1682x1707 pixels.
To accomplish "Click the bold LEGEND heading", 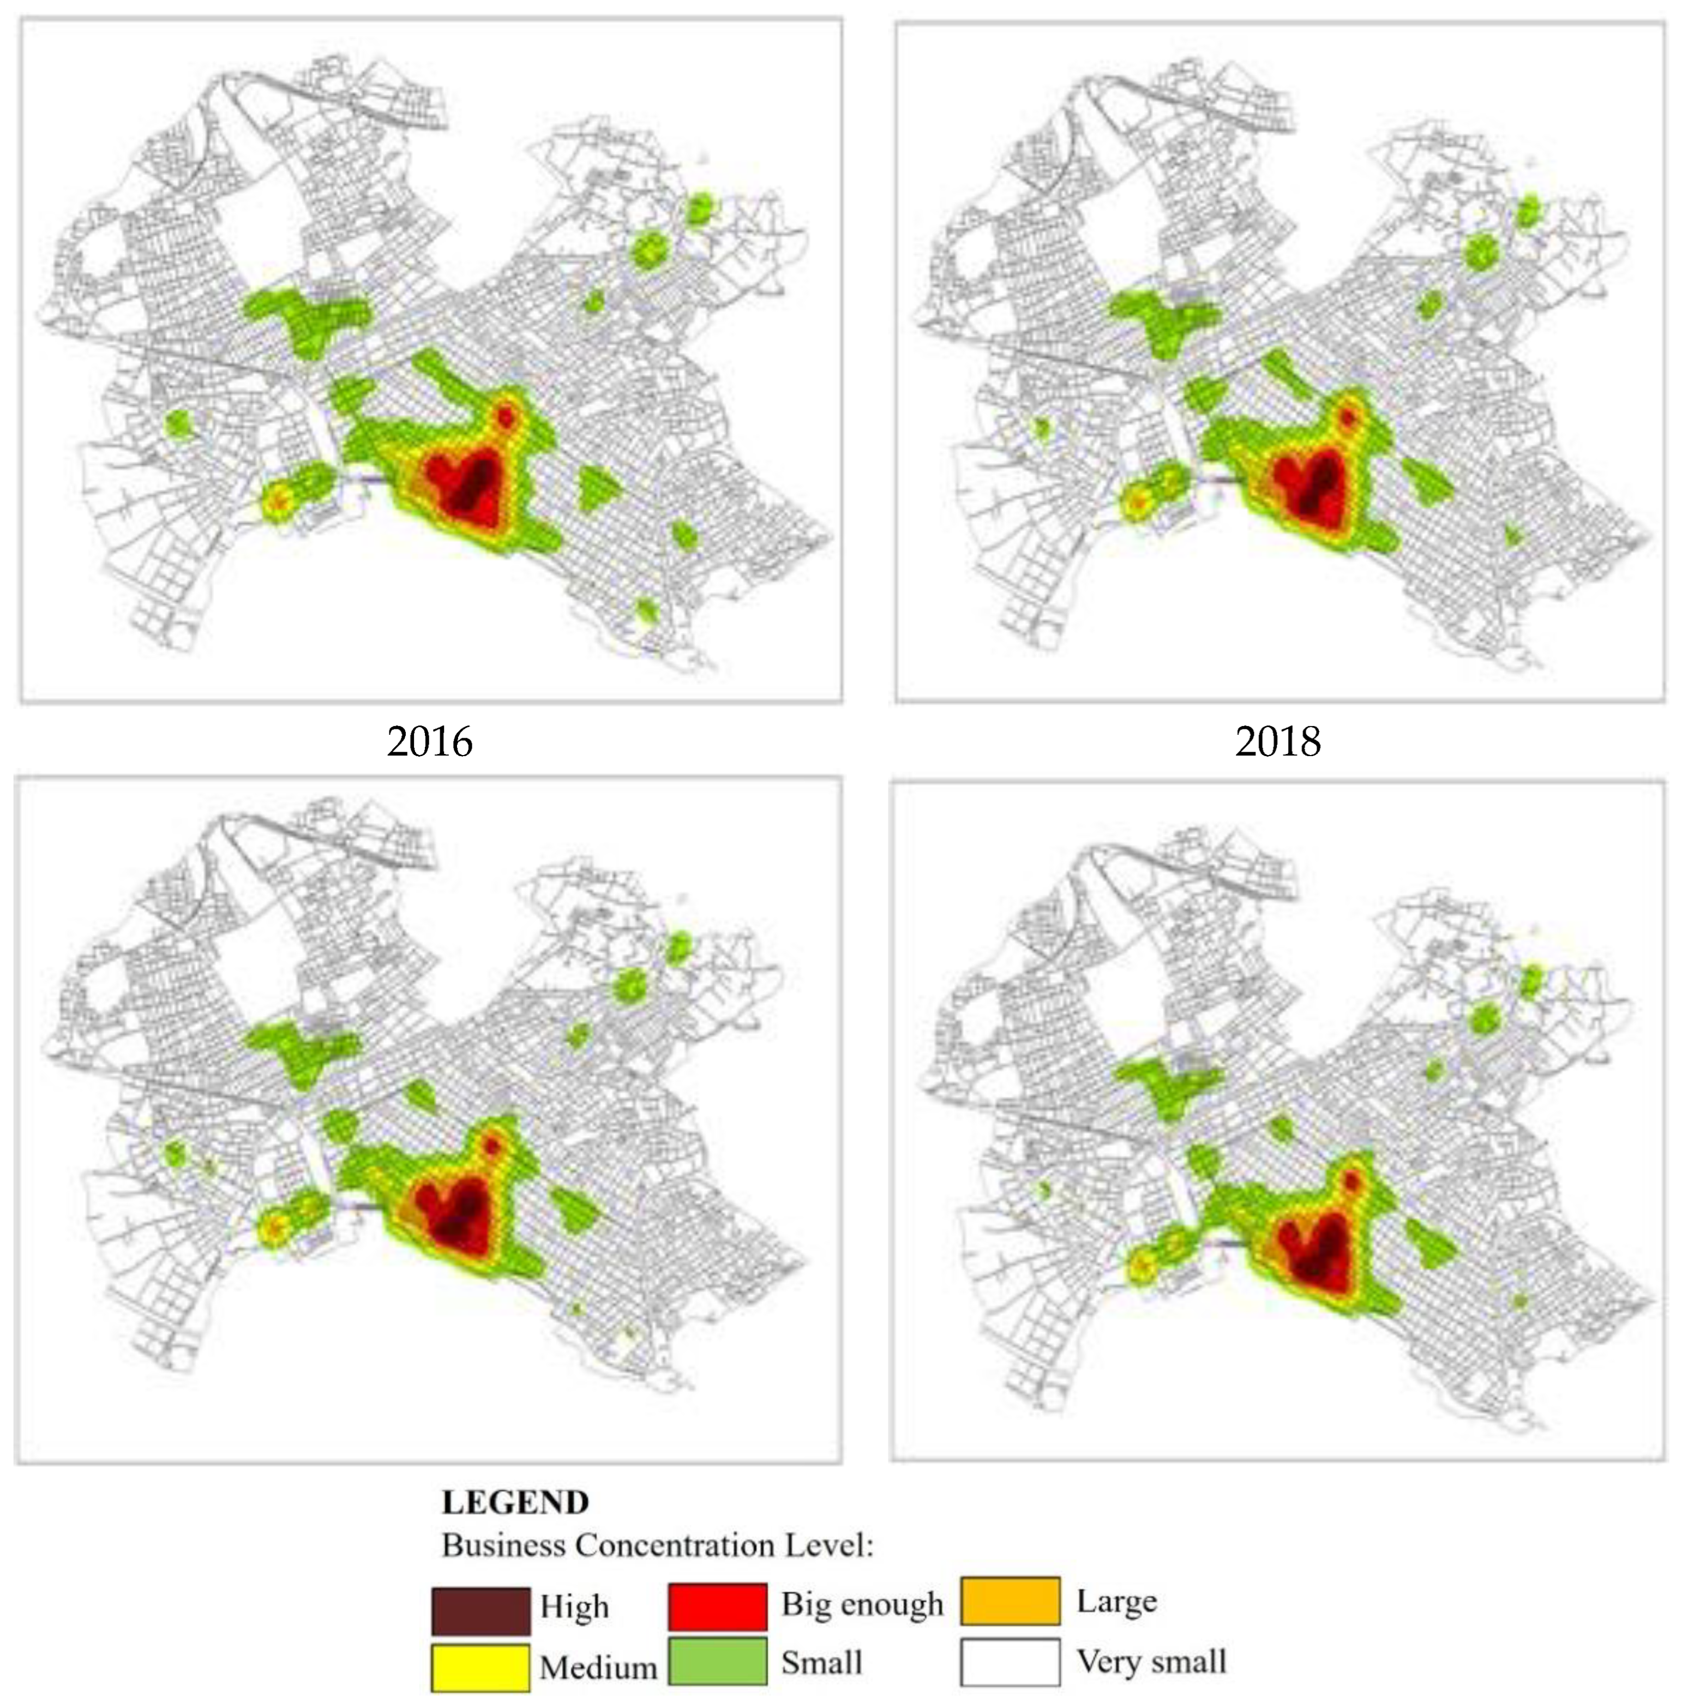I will [x=515, y=1502].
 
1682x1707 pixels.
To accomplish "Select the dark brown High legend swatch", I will [x=480, y=1610].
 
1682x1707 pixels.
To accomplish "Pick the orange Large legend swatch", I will [x=1010, y=1601].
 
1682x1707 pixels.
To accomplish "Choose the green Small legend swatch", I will [x=717, y=1662].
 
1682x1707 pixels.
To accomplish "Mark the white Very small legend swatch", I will [x=1010, y=1662].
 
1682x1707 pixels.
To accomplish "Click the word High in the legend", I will [x=574, y=1606].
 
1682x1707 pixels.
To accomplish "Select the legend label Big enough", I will [x=861, y=1604].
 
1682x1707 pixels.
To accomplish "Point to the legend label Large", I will [x=1116, y=1601].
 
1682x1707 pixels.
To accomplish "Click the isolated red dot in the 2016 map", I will [x=506, y=415].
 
